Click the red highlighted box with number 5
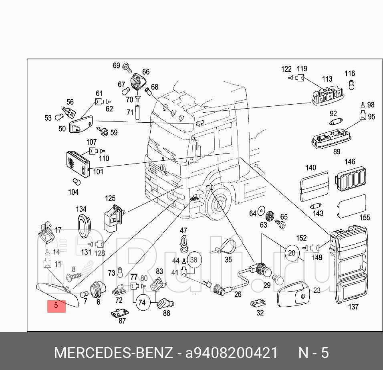click(x=56, y=306)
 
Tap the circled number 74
click(x=142, y=302)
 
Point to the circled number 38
click(x=194, y=260)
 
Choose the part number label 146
click(x=350, y=162)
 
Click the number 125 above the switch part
click(x=110, y=198)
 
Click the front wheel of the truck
click(x=218, y=204)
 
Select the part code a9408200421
click(x=231, y=353)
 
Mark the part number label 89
click(x=337, y=152)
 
